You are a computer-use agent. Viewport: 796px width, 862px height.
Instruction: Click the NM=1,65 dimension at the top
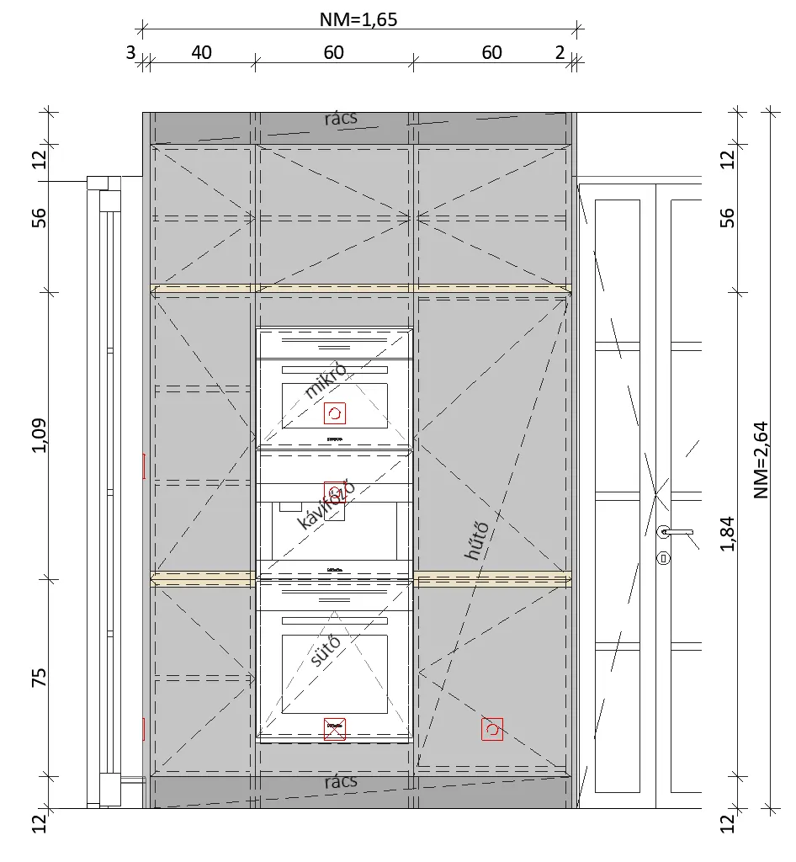tap(358, 20)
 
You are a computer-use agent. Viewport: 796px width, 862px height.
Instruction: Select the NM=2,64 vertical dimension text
tap(761, 460)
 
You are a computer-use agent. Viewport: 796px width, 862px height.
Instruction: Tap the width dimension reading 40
tap(202, 53)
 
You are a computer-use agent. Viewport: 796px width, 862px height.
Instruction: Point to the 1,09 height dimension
tap(39, 435)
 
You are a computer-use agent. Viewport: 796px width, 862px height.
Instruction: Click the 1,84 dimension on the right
tap(727, 533)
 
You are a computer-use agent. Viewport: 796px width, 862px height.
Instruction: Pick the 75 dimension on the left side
tap(39, 677)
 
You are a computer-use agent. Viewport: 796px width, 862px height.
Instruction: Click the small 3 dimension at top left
tap(130, 53)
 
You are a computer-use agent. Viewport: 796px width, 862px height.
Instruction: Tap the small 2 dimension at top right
tap(560, 53)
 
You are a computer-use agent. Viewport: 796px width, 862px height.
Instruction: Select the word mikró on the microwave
tap(326, 380)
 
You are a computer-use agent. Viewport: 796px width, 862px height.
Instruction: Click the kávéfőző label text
tap(326, 505)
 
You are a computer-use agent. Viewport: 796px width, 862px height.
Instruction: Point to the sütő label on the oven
tap(326, 651)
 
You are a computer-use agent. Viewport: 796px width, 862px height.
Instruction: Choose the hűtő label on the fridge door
tap(477, 540)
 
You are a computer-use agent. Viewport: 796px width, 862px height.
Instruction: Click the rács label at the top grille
tap(341, 118)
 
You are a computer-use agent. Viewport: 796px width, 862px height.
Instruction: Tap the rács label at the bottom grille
tap(341, 782)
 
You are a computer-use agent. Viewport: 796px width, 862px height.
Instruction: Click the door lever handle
tap(675, 532)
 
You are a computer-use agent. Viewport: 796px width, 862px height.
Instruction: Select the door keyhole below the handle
tap(664, 559)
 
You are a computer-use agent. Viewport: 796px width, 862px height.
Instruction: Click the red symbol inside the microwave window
tap(335, 412)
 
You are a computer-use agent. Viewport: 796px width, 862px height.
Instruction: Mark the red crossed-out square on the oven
tap(335, 729)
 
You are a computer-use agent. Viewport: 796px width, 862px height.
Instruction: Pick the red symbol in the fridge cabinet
tap(492, 729)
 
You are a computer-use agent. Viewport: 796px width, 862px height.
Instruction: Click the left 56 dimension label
tap(39, 218)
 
